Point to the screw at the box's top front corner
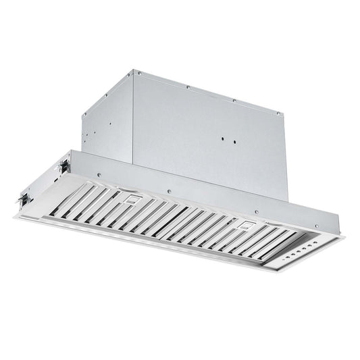(x=134, y=71)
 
